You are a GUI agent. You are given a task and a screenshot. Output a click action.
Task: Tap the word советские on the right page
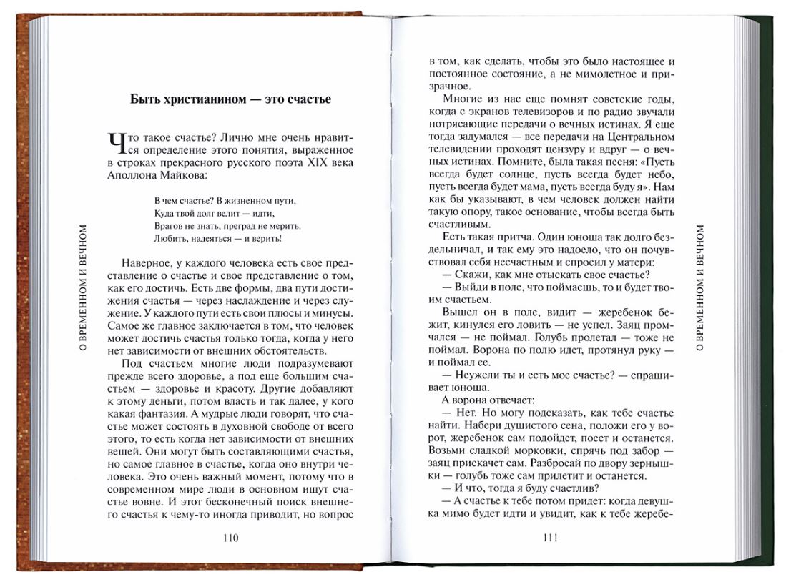point(600,98)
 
